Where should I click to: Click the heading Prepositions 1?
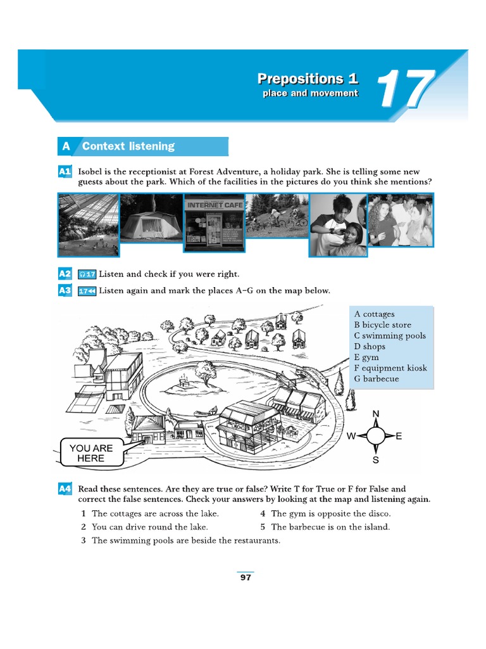pos(308,79)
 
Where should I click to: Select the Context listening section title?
pos(128,146)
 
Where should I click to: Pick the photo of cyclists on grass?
pos(277,215)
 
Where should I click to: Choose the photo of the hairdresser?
pos(338,224)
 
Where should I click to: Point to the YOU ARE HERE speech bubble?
pos(91,453)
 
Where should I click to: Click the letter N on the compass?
pos(376,414)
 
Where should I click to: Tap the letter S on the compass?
pos(376,460)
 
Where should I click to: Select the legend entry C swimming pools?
pos(390,336)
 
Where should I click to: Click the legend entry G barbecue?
pos(377,379)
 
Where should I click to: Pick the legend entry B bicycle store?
pos(382,325)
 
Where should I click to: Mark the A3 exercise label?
pos(65,291)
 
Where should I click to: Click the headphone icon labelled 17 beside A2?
pos(87,274)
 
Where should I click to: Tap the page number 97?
pos(246,577)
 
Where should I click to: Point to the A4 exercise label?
pos(65,489)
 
